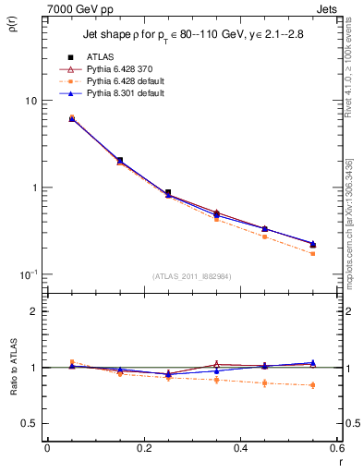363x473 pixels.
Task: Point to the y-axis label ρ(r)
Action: click(13, 23)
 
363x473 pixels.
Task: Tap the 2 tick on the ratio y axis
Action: click(32, 311)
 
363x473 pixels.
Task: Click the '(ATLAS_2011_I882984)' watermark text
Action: click(191, 276)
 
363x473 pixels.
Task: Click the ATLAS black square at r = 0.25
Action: click(168, 193)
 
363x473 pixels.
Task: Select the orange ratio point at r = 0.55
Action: click(313, 385)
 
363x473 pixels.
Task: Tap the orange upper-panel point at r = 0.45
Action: click(264, 236)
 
